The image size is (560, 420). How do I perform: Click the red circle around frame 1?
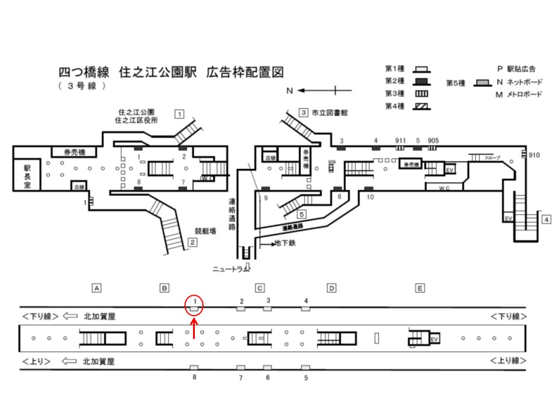click(x=194, y=303)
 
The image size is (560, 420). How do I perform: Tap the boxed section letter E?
click(x=420, y=288)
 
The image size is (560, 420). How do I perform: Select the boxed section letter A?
click(x=97, y=288)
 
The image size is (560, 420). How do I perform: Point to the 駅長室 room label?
click(x=27, y=175)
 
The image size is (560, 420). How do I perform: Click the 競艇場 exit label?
click(x=205, y=231)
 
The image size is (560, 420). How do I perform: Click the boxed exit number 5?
click(x=302, y=214)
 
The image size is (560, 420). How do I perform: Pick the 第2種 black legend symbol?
click(x=422, y=80)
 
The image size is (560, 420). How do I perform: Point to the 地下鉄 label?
click(x=285, y=243)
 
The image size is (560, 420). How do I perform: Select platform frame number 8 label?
click(x=194, y=377)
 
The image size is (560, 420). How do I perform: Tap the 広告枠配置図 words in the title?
click(x=245, y=73)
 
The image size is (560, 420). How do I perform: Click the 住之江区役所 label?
click(x=138, y=120)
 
